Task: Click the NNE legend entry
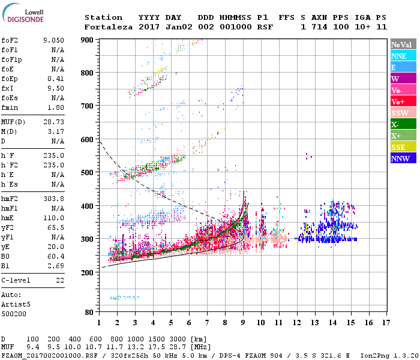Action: pos(403,56)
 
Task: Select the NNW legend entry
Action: pos(403,158)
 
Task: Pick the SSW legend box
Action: pos(403,113)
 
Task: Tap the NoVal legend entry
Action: pos(403,44)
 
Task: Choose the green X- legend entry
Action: pos(403,124)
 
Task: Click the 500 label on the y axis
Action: pos(88,173)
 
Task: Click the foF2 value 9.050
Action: pos(53,40)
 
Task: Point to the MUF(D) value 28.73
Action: pos(53,121)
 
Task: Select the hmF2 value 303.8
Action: pos(53,197)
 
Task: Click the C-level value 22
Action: pos(59,280)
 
